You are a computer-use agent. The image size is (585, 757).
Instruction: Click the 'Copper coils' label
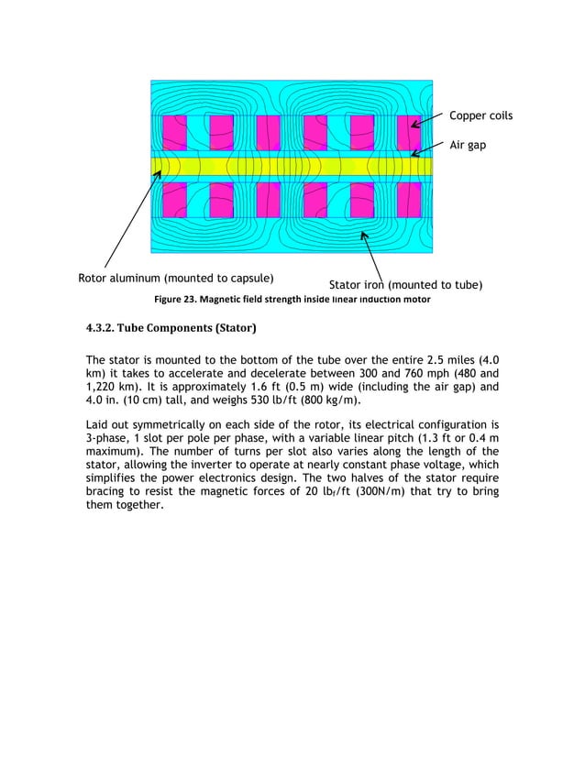pyautogui.click(x=480, y=116)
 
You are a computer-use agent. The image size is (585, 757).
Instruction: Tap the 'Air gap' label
pyautogui.click(x=468, y=145)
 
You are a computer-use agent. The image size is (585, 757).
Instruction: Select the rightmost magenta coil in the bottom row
pyautogui.click(x=409, y=200)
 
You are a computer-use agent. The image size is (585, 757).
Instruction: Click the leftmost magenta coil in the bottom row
pyautogui.click(x=174, y=200)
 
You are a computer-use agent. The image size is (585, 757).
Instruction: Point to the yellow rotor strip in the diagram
pyautogui.click(x=293, y=166)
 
